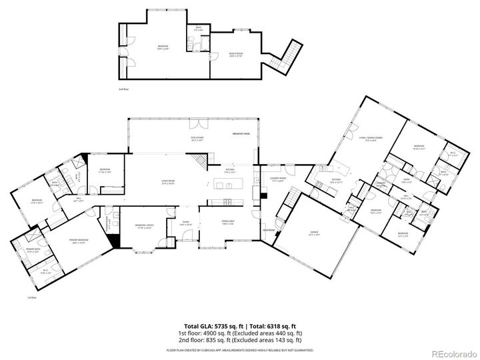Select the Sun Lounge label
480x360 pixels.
(198, 139)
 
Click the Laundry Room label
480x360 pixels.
(278, 179)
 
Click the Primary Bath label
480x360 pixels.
(34, 250)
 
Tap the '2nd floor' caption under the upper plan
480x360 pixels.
(122, 89)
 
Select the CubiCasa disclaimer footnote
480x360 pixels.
(240, 349)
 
